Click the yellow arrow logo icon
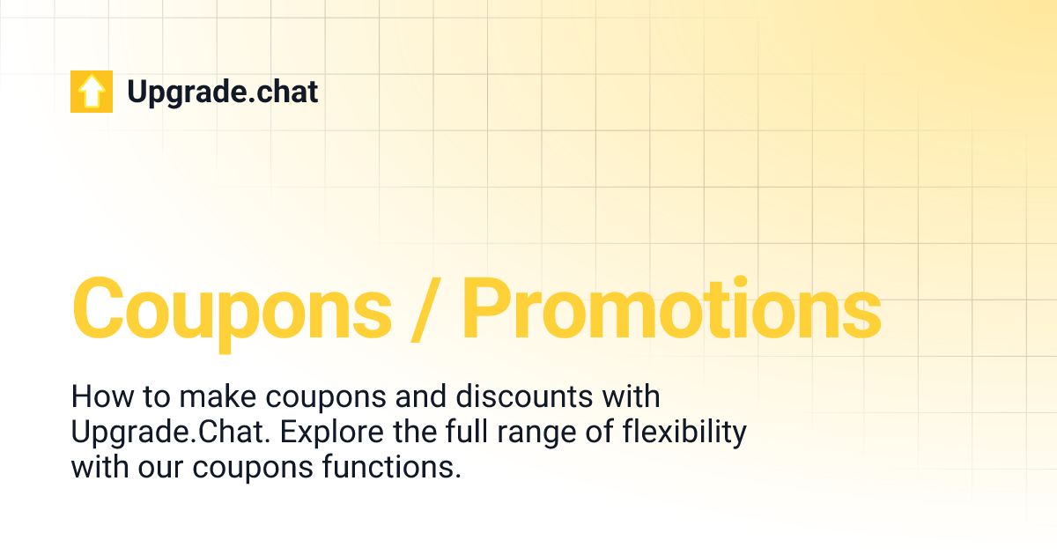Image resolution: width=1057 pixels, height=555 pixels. coord(92,92)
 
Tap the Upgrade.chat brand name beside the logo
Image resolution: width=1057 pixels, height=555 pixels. coord(222,92)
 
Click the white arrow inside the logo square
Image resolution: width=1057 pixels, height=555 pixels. coord(92,92)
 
